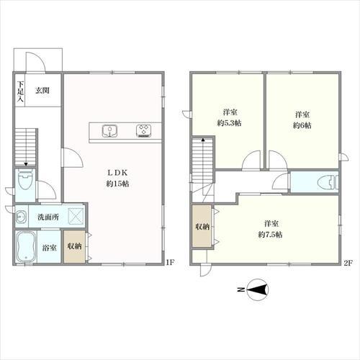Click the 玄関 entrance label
tap(42, 91)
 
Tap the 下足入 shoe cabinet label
tap(20, 91)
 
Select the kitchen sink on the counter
tap(109, 131)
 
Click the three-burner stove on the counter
tap(144, 131)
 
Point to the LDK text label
tap(117, 172)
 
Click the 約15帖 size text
tap(117, 184)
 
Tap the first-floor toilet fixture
tap(25, 180)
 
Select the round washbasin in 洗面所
tap(19, 217)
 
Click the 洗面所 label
tap(48, 217)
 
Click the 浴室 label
tap(49, 248)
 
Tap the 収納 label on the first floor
tap(74, 246)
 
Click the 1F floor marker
tap(170, 262)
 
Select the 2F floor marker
tap(348, 263)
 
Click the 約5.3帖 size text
tap(230, 123)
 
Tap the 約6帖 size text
tap(302, 125)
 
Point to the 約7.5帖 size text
tap(270, 235)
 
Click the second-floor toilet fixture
tap(328, 182)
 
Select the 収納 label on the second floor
tap(202, 227)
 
